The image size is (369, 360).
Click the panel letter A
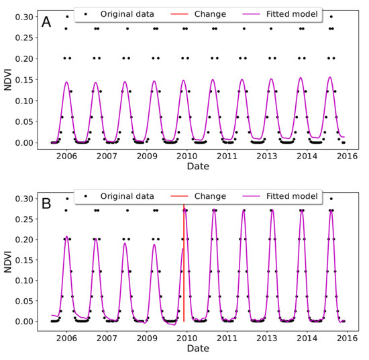point(46,22)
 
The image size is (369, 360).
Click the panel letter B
point(46,200)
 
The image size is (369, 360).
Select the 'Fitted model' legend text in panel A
point(293,13)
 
